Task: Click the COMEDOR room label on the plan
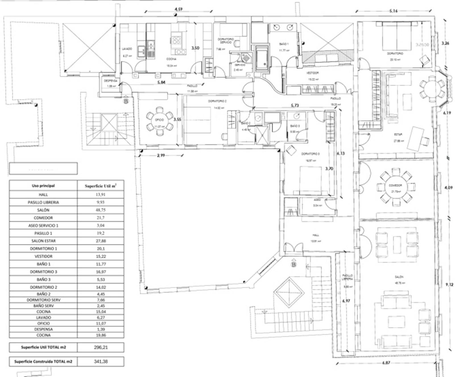coord(395,185)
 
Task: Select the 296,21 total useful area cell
coord(101,347)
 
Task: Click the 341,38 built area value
coord(101,361)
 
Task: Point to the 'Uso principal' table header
coord(43,186)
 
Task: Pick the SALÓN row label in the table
coord(43,210)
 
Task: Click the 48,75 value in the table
coord(101,210)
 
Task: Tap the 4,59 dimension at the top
coord(178,9)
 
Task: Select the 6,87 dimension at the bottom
coord(386,362)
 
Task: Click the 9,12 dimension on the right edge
coord(449,284)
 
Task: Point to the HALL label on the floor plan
coord(316,235)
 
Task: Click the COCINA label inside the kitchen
coord(171,59)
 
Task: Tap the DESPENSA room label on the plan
coord(111,81)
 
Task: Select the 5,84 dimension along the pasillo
coord(161,82)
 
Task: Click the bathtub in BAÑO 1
coord(261,59)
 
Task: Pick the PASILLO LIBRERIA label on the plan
coord(347,277)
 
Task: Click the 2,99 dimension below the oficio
coord(161,155)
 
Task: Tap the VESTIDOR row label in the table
coord(43,256)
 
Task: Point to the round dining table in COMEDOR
coord(395,186)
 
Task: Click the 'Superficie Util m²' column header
coord(101,186)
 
